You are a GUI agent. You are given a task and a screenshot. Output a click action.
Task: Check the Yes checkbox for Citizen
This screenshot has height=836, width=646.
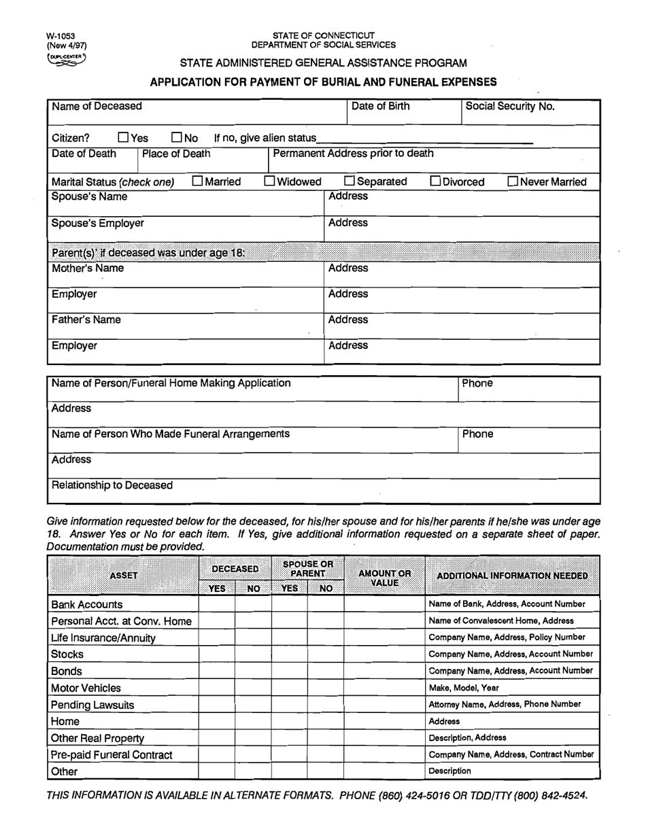pos(124,139)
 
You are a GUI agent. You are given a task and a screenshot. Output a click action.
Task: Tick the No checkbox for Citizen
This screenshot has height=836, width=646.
pos(177,139)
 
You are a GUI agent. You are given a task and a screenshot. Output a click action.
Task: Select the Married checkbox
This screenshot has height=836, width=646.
pos(198,181)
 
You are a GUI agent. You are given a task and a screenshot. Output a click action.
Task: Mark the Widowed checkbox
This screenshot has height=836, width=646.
pos(269,181)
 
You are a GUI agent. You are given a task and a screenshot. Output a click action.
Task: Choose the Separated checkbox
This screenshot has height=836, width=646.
pos(350,181)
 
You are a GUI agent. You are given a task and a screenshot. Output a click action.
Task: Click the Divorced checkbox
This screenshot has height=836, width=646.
pos(435,181)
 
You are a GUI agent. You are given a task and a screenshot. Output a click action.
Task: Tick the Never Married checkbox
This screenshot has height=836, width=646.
pos(513,181)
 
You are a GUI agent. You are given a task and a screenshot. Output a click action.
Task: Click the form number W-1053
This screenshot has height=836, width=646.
pos(61,35)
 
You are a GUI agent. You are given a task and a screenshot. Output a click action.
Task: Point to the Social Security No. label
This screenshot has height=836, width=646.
pos(510,106)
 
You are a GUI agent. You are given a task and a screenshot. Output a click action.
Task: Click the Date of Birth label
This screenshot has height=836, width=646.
pos(381,106)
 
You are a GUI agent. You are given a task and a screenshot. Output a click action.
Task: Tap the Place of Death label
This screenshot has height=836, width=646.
pos(176,153)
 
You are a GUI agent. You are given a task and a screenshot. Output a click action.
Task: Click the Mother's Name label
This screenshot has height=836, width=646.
pos(88,268)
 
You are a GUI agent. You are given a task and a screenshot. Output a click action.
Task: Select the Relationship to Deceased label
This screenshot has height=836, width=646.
pos(112,485)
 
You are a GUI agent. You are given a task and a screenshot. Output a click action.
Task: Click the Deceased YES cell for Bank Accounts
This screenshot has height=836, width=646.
pos(216,604)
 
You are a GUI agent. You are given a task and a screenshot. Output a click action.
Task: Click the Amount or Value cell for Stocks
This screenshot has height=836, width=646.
pos(384,655)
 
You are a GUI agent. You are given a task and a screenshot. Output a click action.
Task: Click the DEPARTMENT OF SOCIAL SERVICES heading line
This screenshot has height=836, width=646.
pos(323,45)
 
